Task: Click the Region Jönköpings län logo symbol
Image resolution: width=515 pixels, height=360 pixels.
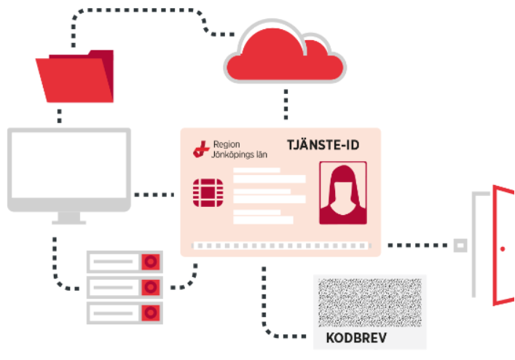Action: [x=200, y=149]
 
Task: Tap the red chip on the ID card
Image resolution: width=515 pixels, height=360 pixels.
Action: [x=206, y=192]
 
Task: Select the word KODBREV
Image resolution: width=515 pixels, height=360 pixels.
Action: [x=355, y=339]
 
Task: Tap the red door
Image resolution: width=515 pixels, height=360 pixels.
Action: [x=503, y=245]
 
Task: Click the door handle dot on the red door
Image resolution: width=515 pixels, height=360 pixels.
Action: [x=502, y=249]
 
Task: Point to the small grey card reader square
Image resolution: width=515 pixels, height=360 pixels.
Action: [x=460, y=246]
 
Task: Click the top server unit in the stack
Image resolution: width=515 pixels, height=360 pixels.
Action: [x=124, y=262]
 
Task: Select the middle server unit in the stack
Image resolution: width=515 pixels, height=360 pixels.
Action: [x=124, y=287]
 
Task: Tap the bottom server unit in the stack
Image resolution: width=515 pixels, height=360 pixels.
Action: [x=124, y=313]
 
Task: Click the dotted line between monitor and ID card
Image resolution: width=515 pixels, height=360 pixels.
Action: [x=155, y=195]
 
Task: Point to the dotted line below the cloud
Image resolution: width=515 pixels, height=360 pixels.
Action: [x=286, y=103]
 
